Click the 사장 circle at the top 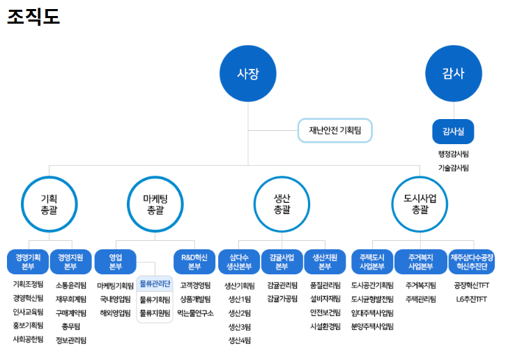coord(247,74)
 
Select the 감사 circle coord(453,74)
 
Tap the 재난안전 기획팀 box coord(335,130)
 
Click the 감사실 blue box coord(453,130)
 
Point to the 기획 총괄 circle coord(49,203)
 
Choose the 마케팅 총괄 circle coord(155,203)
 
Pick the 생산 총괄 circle coord(282,203)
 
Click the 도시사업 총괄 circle coord(420,203)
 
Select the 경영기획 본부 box coord(28,262)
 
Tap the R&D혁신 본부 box coord(194,262)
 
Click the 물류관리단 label coord(155,283)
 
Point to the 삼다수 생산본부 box coord(238,262)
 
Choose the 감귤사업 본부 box coord(282,262)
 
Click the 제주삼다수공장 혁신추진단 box coord(472,262)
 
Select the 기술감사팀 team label coord(453,168)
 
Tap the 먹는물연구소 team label coord(195,313)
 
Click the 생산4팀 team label coord(239,340)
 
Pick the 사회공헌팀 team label coord(28,339)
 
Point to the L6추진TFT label coord(472,299)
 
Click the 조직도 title coord(33,17)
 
